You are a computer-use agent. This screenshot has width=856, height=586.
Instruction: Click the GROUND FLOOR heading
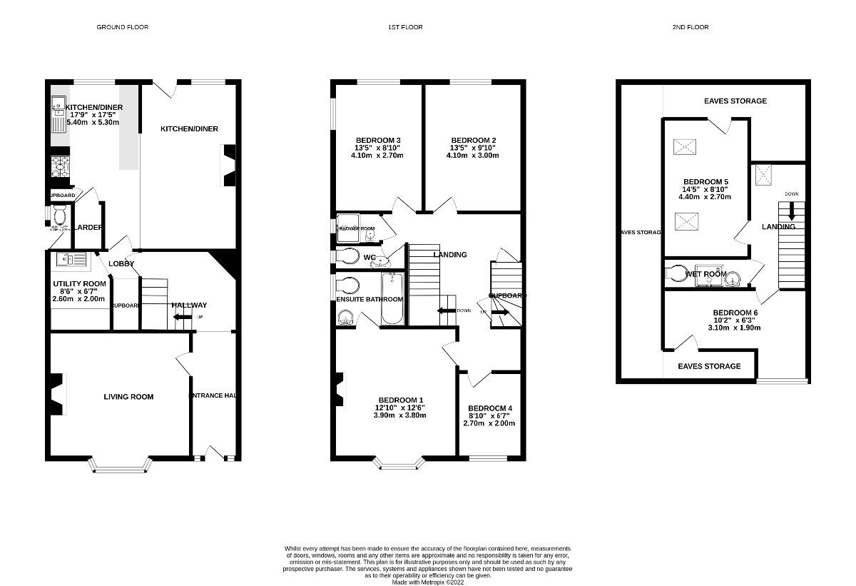click(123, 27)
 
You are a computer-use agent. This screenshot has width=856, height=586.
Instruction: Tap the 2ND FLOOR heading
click(691, 27)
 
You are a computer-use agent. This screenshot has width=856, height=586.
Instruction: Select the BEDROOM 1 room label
click(401, 400)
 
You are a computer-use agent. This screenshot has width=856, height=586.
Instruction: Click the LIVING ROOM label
click(128, 397)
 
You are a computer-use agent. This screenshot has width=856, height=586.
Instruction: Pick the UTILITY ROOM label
click(78, 283)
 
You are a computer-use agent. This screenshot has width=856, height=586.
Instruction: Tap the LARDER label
click(90, 228)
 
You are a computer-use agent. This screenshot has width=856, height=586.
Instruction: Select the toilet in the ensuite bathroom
click(348, 286)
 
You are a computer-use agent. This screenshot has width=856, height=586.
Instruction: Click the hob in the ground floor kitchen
click(58, 166)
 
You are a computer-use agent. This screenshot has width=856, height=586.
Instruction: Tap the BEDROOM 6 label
click(735, 313)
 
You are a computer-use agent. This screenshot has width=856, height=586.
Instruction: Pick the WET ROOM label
click(705, 274)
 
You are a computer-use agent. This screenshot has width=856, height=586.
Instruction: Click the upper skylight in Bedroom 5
click(685, 147)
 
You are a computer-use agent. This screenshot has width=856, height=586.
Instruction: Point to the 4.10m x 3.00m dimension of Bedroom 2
click(473, 155)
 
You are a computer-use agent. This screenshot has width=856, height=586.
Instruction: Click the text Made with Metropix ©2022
click(427, 582)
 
